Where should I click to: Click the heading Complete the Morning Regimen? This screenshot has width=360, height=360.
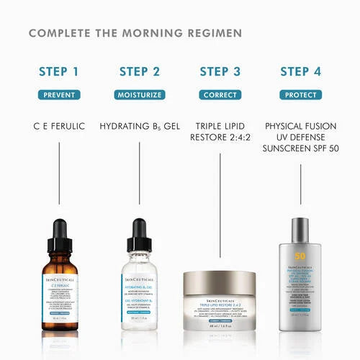[135, 33]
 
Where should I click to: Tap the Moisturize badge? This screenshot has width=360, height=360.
[140, 94]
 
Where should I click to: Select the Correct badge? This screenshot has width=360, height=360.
[220, 94]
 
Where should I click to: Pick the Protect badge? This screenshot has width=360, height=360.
[300, 94]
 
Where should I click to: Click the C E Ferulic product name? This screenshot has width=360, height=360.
[59, 126]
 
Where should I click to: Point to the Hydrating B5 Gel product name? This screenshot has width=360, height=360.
[140, 126]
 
